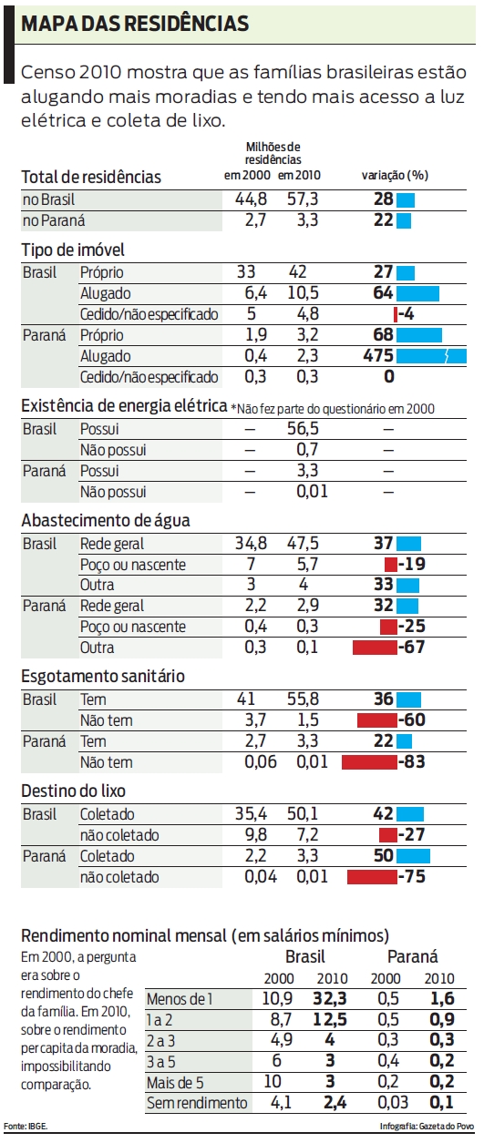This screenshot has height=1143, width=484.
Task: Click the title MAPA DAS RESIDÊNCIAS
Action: pos(134,25)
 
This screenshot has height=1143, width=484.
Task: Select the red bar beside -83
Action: pos(370,760)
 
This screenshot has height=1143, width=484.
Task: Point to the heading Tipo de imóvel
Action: pos(73,250)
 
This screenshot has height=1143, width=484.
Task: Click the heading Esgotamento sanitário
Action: pos(103,676)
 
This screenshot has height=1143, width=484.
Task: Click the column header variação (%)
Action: pos(395,175)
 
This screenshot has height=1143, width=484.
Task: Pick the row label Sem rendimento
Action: pos(197,1103)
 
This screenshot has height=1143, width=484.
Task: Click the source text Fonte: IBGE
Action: pos(25,1127)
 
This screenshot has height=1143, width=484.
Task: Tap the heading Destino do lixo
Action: pos(73,791)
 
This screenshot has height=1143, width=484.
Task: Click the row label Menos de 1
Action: pos(179,998)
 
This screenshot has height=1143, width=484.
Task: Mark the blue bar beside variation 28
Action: pos(406,199)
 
